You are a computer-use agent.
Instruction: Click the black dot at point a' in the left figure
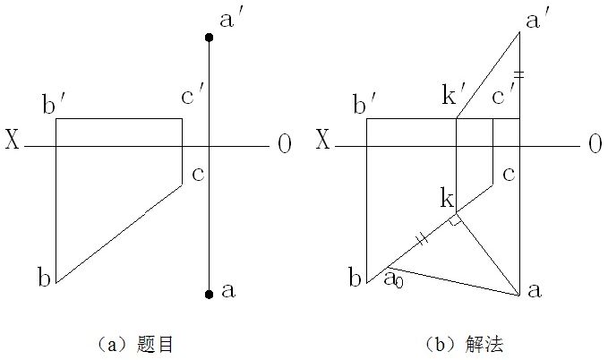(x=209, y=38)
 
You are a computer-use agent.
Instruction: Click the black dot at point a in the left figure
(x=209, y=294)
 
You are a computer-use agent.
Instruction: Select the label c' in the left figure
(x=193, y=93)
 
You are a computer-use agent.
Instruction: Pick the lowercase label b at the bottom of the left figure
(x=43, y=277)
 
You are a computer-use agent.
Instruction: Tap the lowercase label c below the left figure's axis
(x=198, y=172)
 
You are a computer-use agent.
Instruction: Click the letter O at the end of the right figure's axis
(x=594, y=144)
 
